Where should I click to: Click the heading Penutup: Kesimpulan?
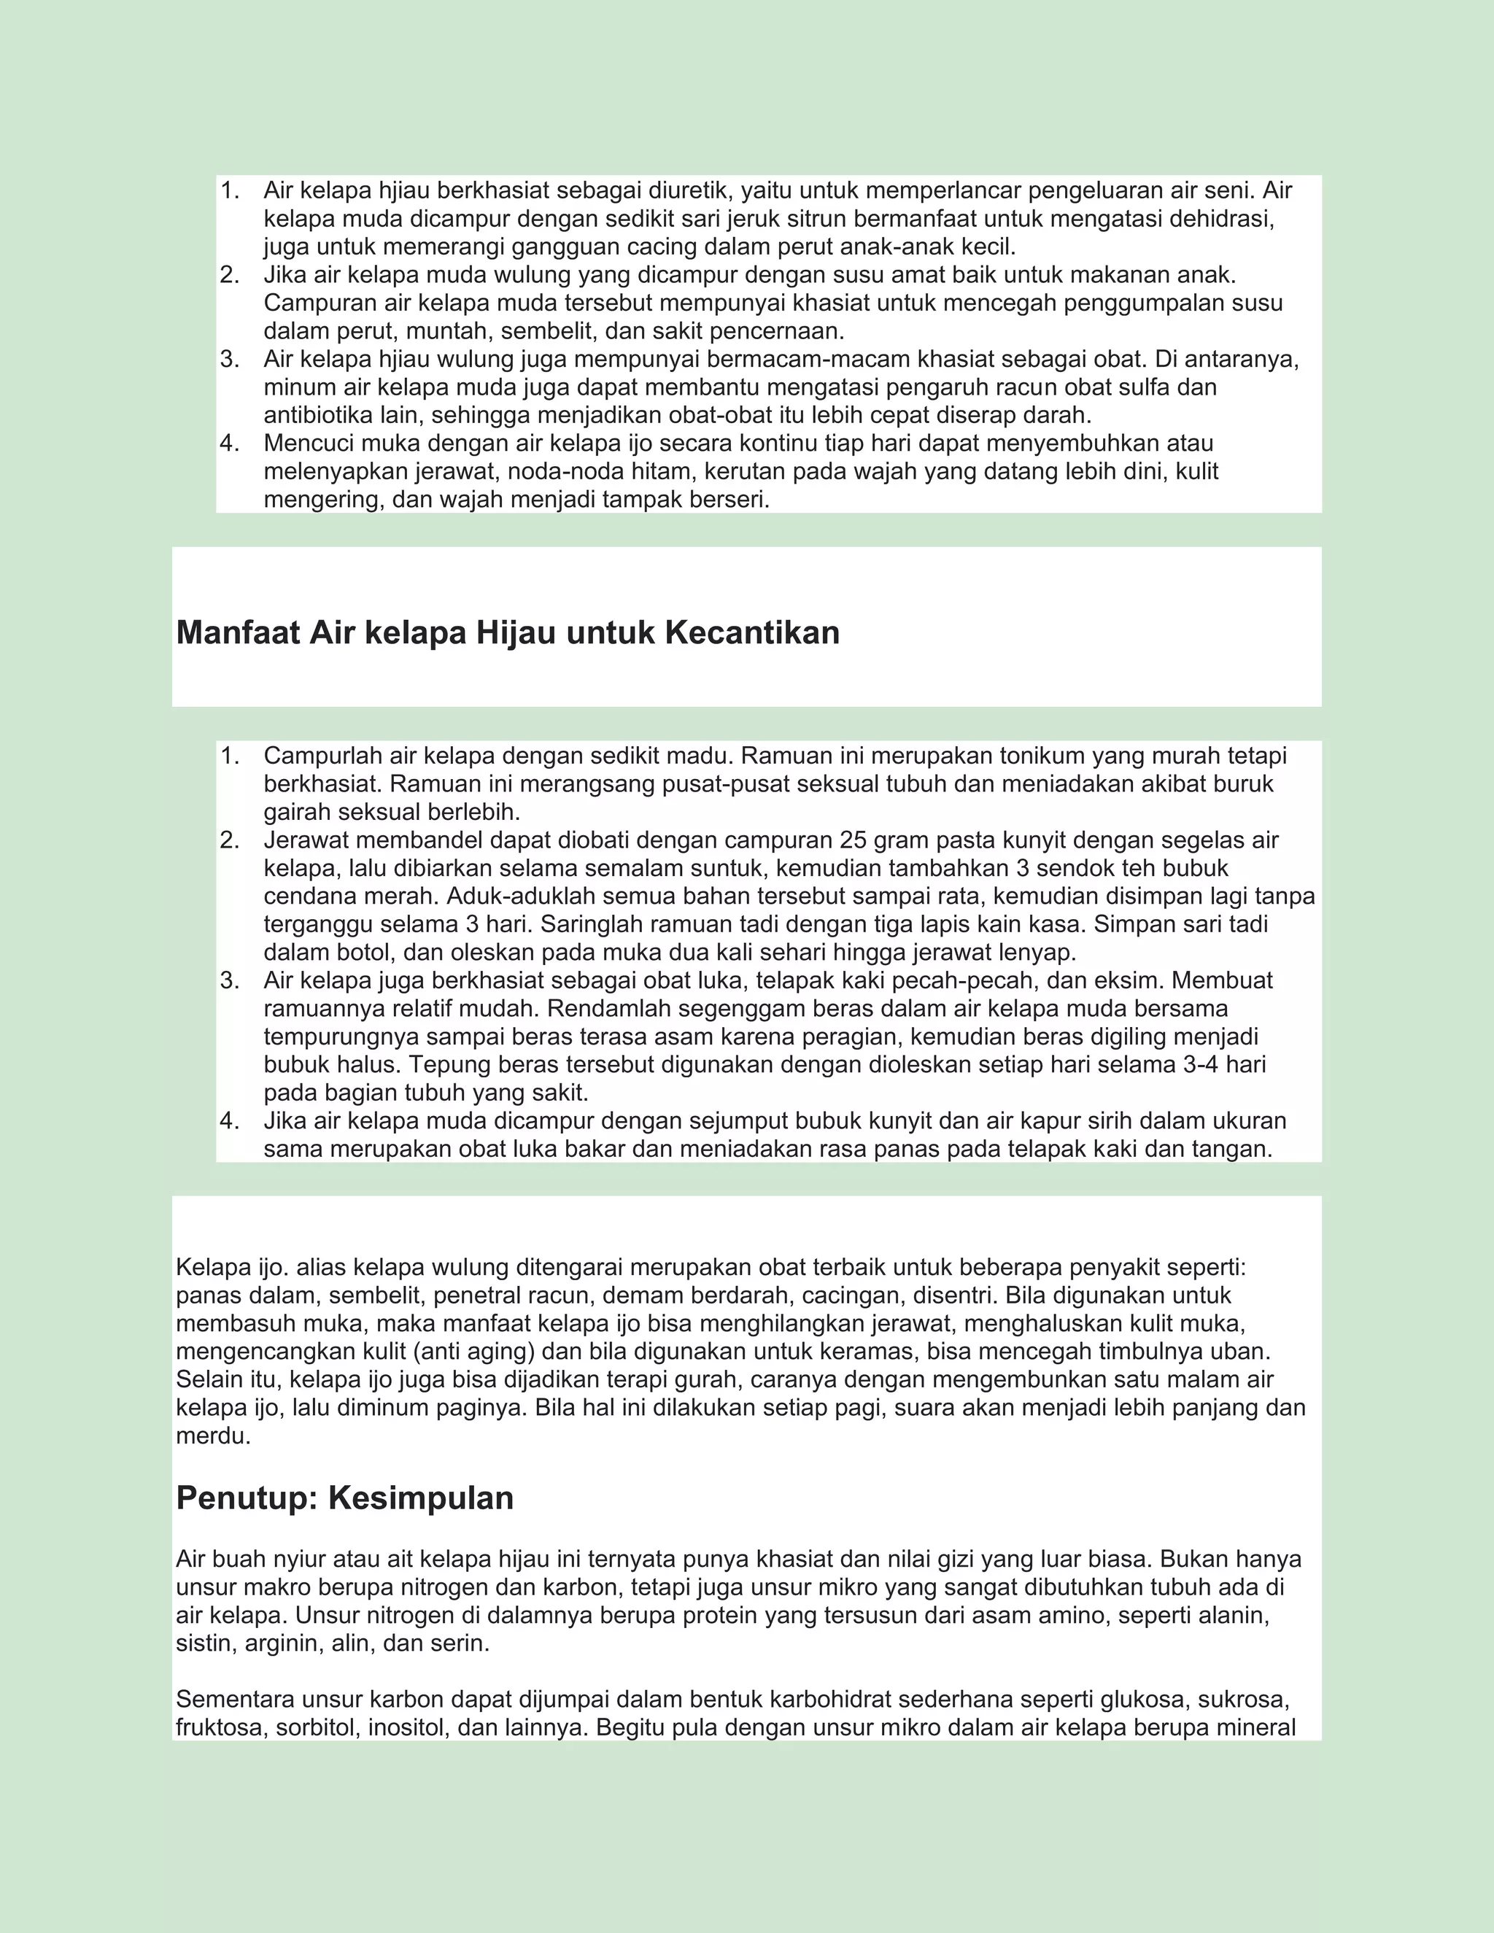[344, 1498]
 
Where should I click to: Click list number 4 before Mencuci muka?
[229, 443]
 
